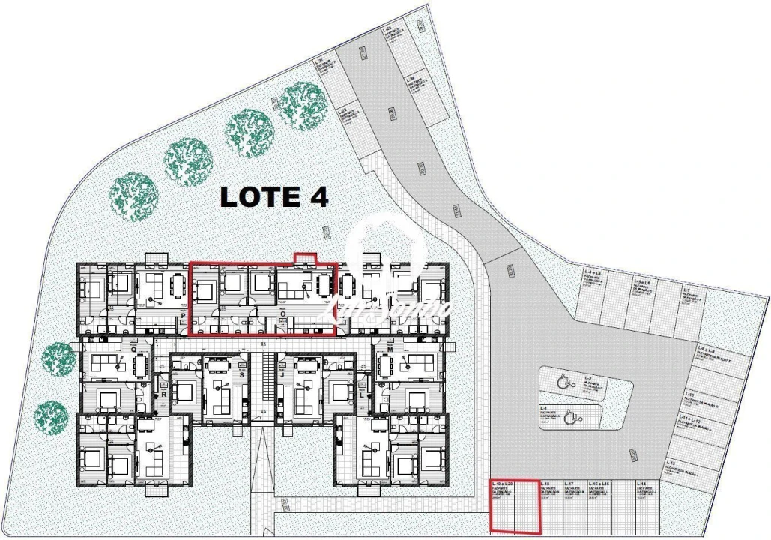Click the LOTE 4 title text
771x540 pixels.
point(273,196)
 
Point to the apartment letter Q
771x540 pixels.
point(133,349)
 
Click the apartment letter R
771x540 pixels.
point(162,393)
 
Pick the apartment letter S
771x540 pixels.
point(241,363)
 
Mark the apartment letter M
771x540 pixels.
point(391,349)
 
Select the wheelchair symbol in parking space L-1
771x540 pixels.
point(569,415)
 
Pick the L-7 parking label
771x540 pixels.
point(686,290)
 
